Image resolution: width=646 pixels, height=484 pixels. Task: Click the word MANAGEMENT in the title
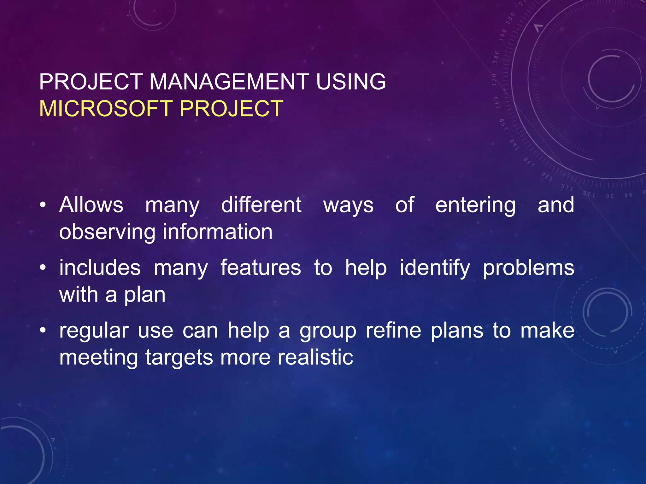[229, 82]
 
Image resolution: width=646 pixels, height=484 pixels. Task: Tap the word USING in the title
[351, 82]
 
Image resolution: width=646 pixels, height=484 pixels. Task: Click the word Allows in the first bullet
[91, 205]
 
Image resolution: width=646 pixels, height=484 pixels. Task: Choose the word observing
[107, 232]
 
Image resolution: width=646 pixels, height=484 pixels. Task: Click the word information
[218, 232]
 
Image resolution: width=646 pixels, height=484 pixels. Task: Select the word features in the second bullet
[261, 268]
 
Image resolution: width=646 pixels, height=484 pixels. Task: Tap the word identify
[435, 268]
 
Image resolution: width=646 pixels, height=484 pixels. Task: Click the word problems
[529, 268]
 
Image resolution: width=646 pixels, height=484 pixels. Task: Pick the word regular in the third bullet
[94, 331]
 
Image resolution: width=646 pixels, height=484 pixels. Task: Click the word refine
[393, 331]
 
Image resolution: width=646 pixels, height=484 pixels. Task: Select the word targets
[179, 358]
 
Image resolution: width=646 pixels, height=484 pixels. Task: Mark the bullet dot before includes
[43, 268]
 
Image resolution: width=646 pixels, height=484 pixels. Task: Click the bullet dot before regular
[43, 331]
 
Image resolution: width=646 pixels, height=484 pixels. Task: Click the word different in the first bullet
[261, 205]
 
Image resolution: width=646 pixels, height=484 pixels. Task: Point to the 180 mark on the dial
[496, 57]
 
